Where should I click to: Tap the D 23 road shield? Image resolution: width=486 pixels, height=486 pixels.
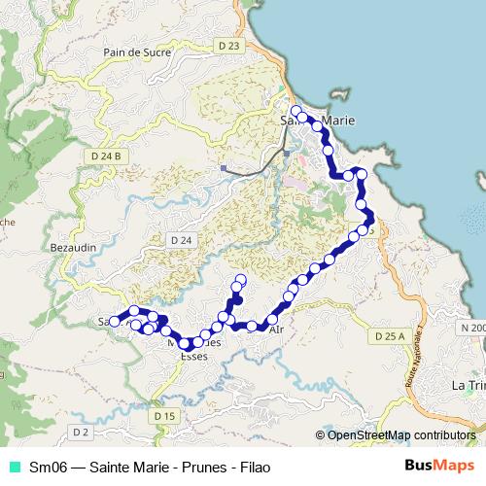229,45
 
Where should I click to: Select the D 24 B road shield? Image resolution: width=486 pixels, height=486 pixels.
105,156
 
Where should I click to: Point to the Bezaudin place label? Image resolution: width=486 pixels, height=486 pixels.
73,248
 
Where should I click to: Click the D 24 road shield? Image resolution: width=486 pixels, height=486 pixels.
181,239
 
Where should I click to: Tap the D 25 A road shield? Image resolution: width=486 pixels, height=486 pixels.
388,335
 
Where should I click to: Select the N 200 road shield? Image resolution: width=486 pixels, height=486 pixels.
473,328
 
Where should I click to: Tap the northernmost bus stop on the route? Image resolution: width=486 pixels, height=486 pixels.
295,110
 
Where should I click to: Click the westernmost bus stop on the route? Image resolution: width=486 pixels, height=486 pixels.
114,322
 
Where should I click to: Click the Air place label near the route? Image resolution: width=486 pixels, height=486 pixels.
276,330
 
